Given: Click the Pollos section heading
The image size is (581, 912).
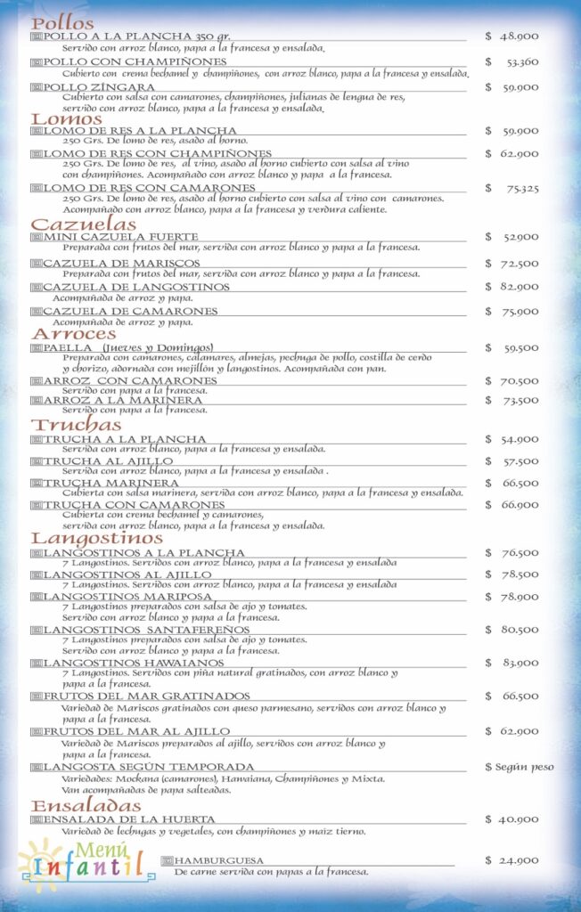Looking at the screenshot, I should click(62, 23).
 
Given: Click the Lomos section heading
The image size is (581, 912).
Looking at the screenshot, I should click(67, 118).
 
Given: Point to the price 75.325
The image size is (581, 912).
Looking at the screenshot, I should click(523, 188).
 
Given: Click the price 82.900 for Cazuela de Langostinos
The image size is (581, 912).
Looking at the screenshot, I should click(518, 287).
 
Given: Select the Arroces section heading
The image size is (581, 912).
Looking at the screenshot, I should click(74, 333).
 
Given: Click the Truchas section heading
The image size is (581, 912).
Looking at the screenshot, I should click(77, 425).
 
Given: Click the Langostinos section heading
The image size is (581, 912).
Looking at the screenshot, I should click(97, 538).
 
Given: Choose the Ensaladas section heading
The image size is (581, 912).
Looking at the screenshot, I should click(82, 805).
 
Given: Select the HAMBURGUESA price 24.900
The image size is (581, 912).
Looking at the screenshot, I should click(518, 860).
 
